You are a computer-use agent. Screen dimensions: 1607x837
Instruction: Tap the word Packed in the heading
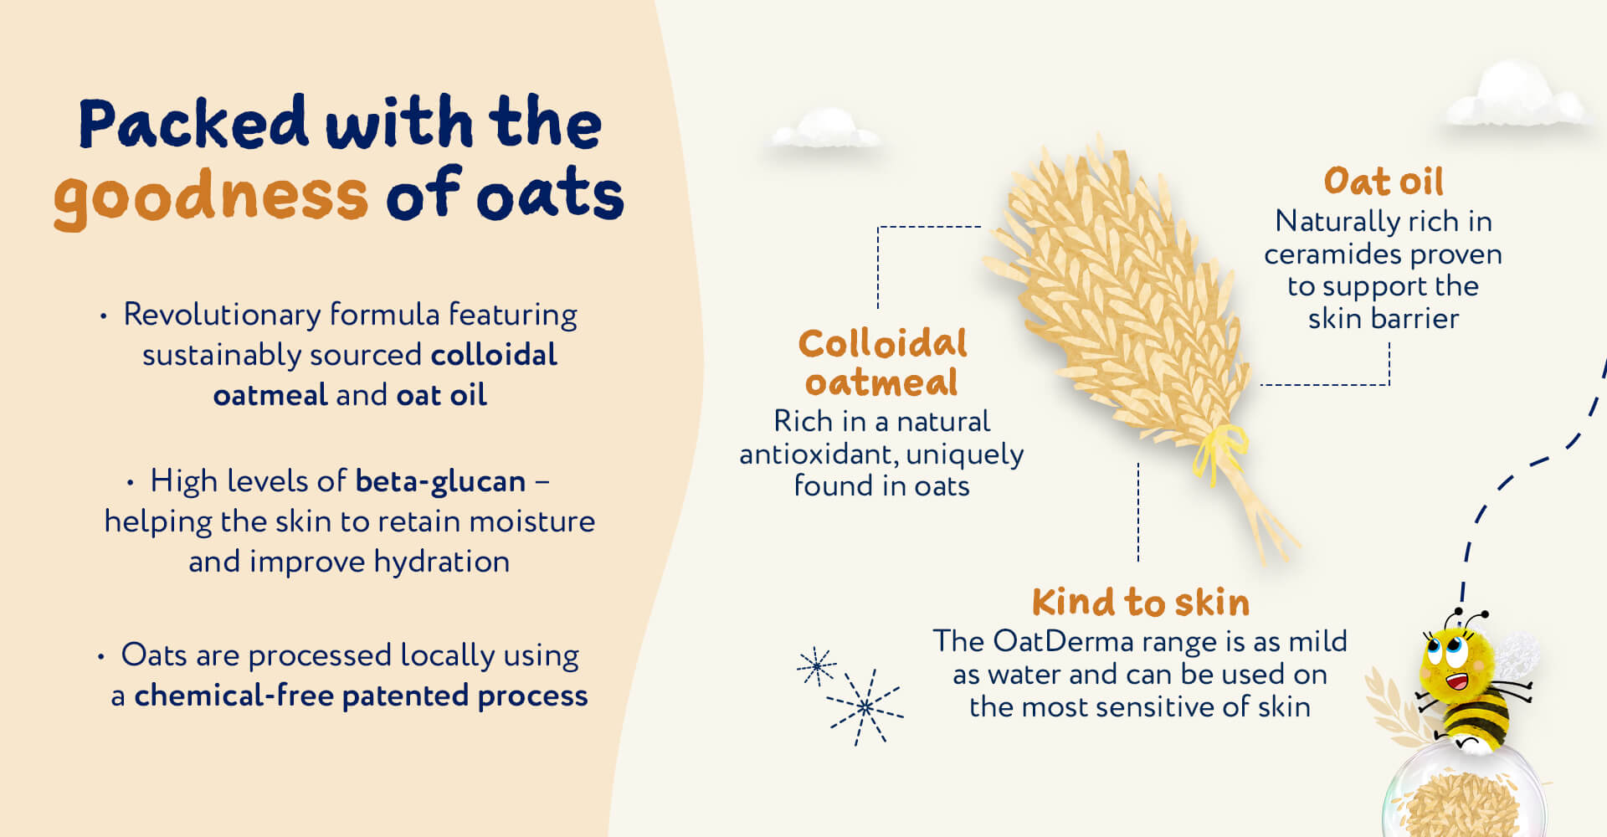(193, 123)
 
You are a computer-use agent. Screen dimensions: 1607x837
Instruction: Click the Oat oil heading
(1384, 182)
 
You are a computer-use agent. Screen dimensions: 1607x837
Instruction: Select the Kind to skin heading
(1140, 603)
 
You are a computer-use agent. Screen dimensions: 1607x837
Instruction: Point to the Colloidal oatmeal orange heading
(882, 363)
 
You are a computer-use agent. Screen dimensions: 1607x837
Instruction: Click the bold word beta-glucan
(440, 481)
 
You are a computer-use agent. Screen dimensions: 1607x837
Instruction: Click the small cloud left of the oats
(824, 130)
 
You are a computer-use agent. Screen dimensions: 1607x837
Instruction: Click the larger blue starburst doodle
(865, 707)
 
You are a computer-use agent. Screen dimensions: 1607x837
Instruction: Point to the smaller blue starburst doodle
(816, 666)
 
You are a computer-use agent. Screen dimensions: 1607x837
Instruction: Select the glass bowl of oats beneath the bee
(1461, 795)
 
